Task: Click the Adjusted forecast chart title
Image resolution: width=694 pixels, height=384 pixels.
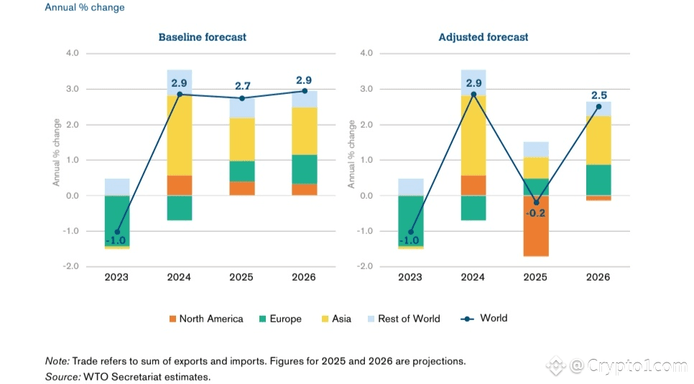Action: click(483, 37)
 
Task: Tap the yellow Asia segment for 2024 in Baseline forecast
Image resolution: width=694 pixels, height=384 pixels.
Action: click(178, 135)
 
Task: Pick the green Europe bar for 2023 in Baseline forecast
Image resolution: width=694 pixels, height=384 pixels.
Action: click(116, 220)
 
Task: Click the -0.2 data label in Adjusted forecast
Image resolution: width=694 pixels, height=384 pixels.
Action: click(536, 213)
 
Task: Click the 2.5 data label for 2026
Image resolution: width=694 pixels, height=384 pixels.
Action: click(598, 94)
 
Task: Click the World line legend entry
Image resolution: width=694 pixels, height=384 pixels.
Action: click(483, 318)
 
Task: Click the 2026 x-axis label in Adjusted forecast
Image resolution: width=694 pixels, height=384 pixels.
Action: click(598, 277)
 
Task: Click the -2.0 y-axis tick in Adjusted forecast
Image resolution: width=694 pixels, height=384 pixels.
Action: click(366, 266)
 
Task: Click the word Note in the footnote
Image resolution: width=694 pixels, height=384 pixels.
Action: click(57, 361)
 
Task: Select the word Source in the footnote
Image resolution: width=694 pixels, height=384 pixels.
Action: click(62, 376)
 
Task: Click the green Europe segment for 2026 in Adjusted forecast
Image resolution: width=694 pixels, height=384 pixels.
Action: click(598, 179)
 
